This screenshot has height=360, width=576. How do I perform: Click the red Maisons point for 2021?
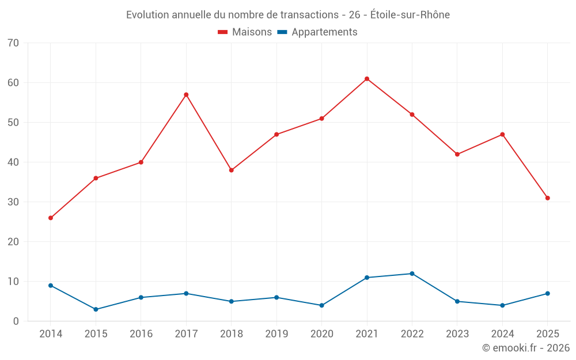[366, 79]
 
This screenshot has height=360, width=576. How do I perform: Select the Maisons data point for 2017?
[186, 95]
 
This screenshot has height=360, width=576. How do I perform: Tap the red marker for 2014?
[51, 218]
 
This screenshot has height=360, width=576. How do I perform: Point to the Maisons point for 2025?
[547, 198]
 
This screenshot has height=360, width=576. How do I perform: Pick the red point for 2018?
[232, 170]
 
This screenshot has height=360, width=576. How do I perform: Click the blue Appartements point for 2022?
[412, 274]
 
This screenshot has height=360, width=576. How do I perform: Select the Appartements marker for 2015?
[96, 309]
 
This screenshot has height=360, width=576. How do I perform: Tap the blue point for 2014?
[51, 286]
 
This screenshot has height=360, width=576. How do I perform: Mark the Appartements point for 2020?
[322, 305]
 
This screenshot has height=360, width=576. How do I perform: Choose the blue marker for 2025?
[547, 294]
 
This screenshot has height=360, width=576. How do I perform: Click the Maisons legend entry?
[245, 32]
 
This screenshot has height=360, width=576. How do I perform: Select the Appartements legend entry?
[317, 32]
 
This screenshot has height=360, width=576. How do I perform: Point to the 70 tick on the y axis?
[13, 43]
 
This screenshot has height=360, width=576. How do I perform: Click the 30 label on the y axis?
[13, 202]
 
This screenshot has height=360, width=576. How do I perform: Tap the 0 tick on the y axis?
[16, 321]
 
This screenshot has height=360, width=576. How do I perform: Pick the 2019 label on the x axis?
[276, 334]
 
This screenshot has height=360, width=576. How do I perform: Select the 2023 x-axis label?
[457, 334]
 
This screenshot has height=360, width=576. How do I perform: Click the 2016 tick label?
[141, 334]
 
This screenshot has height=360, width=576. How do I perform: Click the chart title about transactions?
[288, 15]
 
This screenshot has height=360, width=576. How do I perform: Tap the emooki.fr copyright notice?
[526, 347]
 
